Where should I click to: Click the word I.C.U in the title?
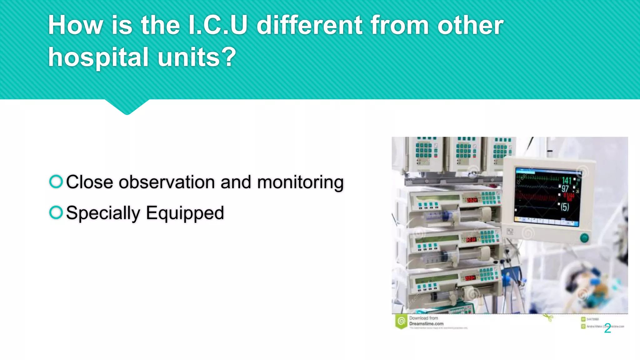(x=218, y=25)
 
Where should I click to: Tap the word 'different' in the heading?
(x=310, y=25)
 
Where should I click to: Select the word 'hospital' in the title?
(x=98, y=57)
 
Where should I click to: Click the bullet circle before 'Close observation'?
(x=56, y=182)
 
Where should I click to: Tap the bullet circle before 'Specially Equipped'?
(x=56, y=212)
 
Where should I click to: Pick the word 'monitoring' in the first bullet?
(x=300, y=182)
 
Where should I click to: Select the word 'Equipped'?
(x=185, y=213)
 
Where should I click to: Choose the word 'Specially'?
(x=103, y=213)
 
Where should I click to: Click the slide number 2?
(x=607, y=328)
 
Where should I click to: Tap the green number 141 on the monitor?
(x=567, y=181)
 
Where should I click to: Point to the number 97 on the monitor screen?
(x=565, y=189)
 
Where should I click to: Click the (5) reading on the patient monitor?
(x=565, y=207)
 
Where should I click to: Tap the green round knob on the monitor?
(x=584, y=238)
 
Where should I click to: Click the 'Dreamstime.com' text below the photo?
(x=426, y=324)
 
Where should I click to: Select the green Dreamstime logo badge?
(x=401, y=321)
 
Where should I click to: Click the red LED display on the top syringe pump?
(x=472, y=200)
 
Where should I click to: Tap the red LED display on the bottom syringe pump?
(x=470, y=278)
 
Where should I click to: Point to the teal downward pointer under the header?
(x=127, y=107)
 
